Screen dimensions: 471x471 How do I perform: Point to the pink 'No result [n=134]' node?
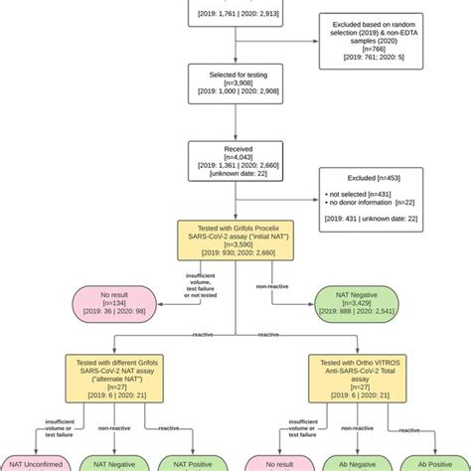129,304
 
